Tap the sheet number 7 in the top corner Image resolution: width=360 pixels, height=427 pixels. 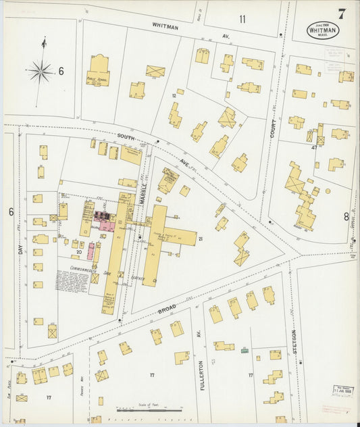pos(342,13)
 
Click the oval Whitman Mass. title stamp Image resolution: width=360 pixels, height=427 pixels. pos(323,30)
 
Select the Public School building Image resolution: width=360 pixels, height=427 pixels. pos(99,70)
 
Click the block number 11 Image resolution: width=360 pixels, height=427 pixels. pos(242,18)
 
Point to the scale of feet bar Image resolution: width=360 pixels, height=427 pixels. pos(148,409)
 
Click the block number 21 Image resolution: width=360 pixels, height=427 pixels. pos(201,239)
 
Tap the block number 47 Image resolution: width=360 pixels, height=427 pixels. pos(314,147)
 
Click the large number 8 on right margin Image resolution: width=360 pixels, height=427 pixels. pos(346,216)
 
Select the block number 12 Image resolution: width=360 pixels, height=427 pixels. pos(174,96)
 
